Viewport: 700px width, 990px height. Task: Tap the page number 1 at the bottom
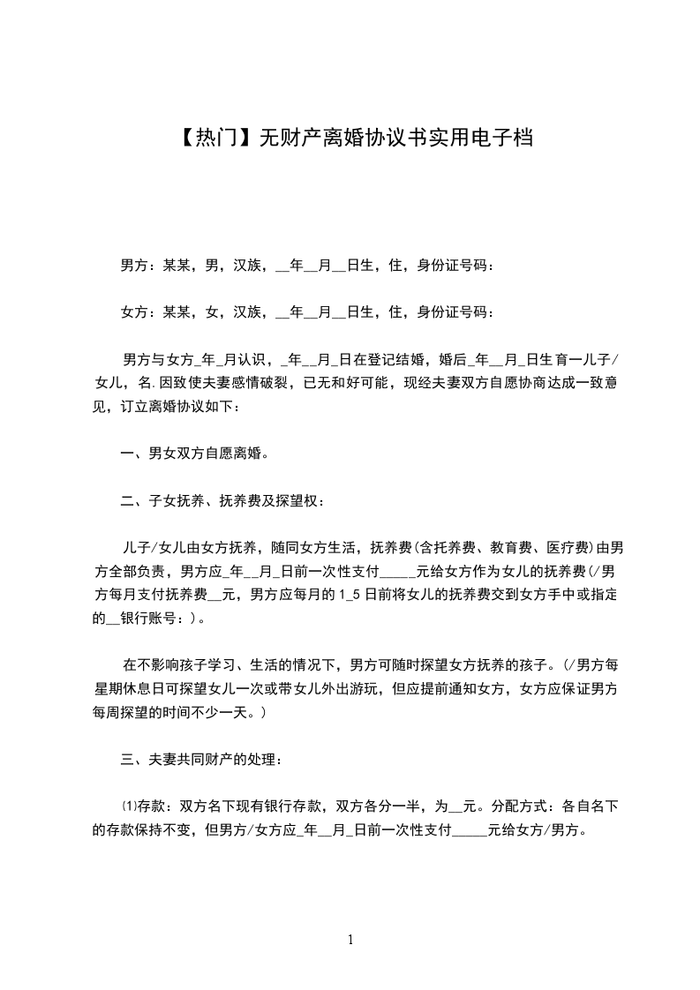coord(351,940)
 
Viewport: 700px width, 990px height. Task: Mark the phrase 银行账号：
coord(154,619)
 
